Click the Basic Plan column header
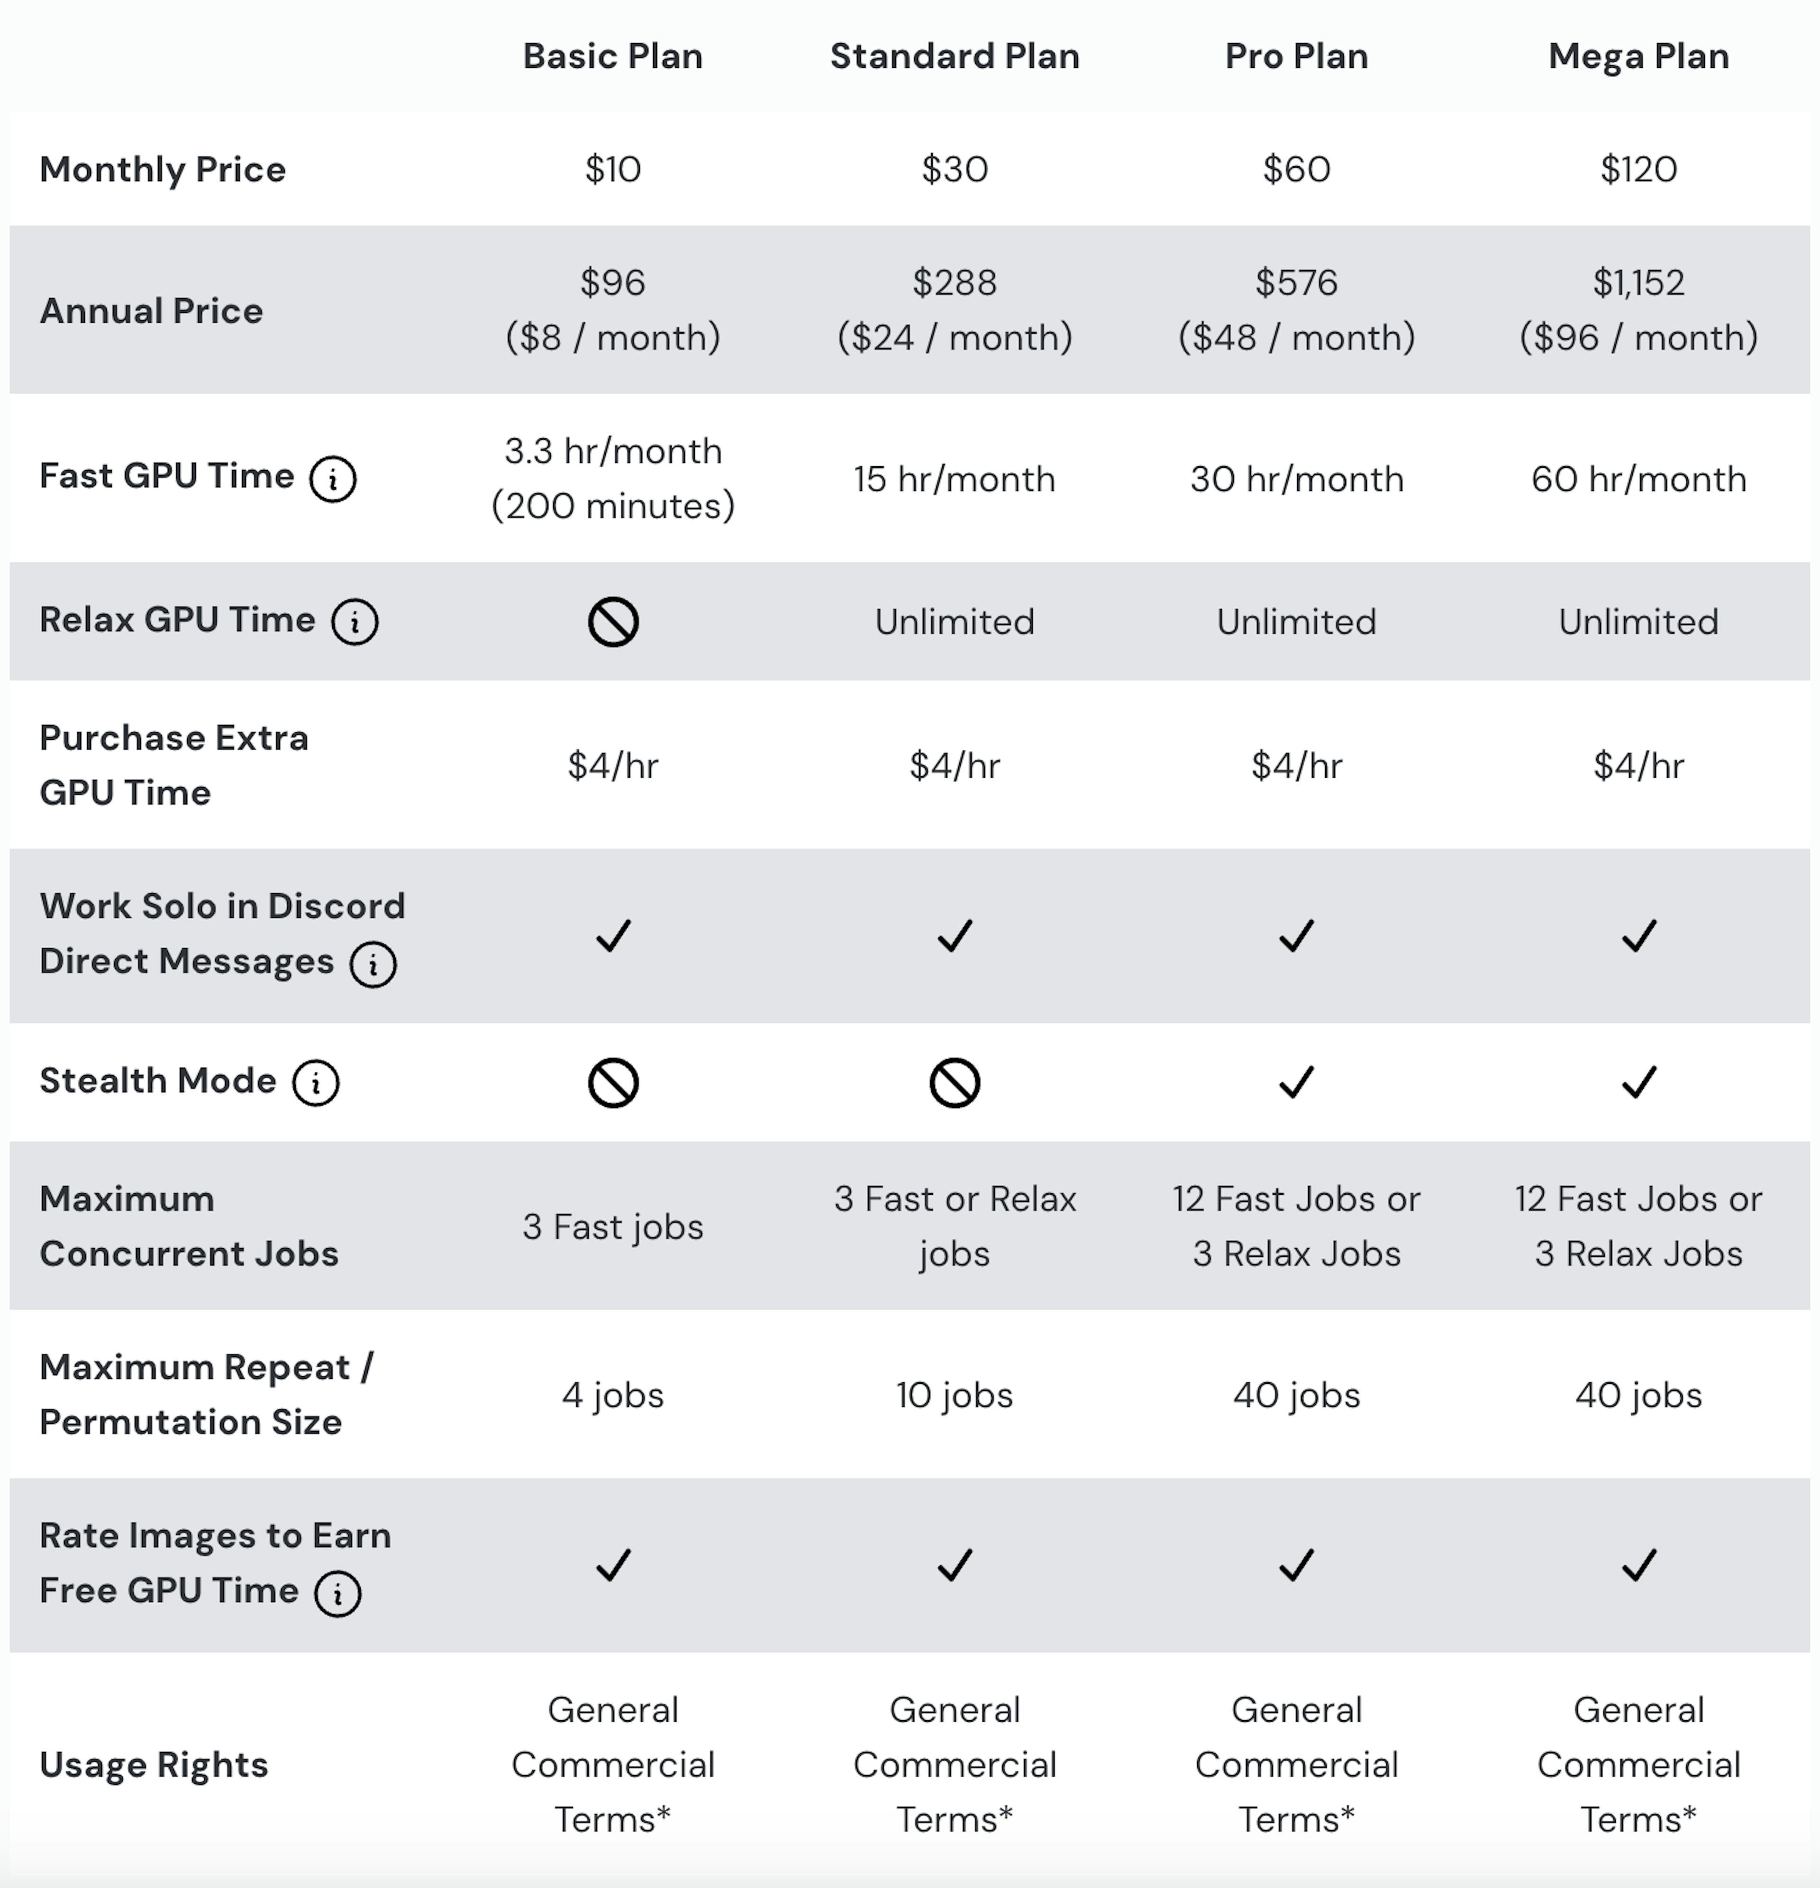click(613, 56)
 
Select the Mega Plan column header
click(1638, 56)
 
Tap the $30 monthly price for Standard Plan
click(954, 170)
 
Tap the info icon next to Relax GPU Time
click(355, 621)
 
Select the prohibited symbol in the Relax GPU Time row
click(613, 621)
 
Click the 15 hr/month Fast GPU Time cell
click(954, 479)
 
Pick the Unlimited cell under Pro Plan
click(1296, 621)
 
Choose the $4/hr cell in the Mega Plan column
click(1638, 766)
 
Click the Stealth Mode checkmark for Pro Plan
click(1296, 1082)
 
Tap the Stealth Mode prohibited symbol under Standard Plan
click(954, 1083)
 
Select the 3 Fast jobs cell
click(613, 1226)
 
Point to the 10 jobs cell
click(954, 1395)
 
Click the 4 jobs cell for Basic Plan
click(613, 1395)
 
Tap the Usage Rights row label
click(154, 1765)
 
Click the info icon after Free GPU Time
click(337, 1593)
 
